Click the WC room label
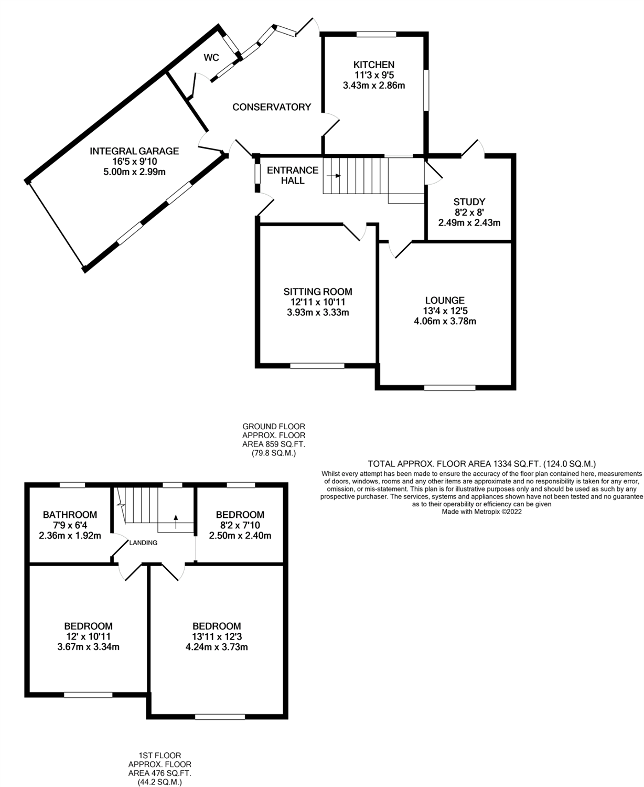[211, 58]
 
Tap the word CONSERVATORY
[272, 107]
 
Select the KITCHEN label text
[373, 65]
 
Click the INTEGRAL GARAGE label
[134, 151]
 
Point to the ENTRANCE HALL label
[293, 175]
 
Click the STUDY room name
[469, 201]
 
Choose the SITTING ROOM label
[318, 292]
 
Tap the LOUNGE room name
[445, 300]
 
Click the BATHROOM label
[70, 515]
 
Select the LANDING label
[143, 543]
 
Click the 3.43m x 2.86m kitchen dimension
[373, 85]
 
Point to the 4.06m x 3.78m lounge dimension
[445, 321]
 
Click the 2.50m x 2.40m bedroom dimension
[240, 536]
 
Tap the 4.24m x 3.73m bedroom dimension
[217, 647]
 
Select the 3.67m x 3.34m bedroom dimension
[88, 647]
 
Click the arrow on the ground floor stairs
[337, 176]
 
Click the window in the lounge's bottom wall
[449, 388]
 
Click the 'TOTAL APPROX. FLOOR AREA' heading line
[481, 464]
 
